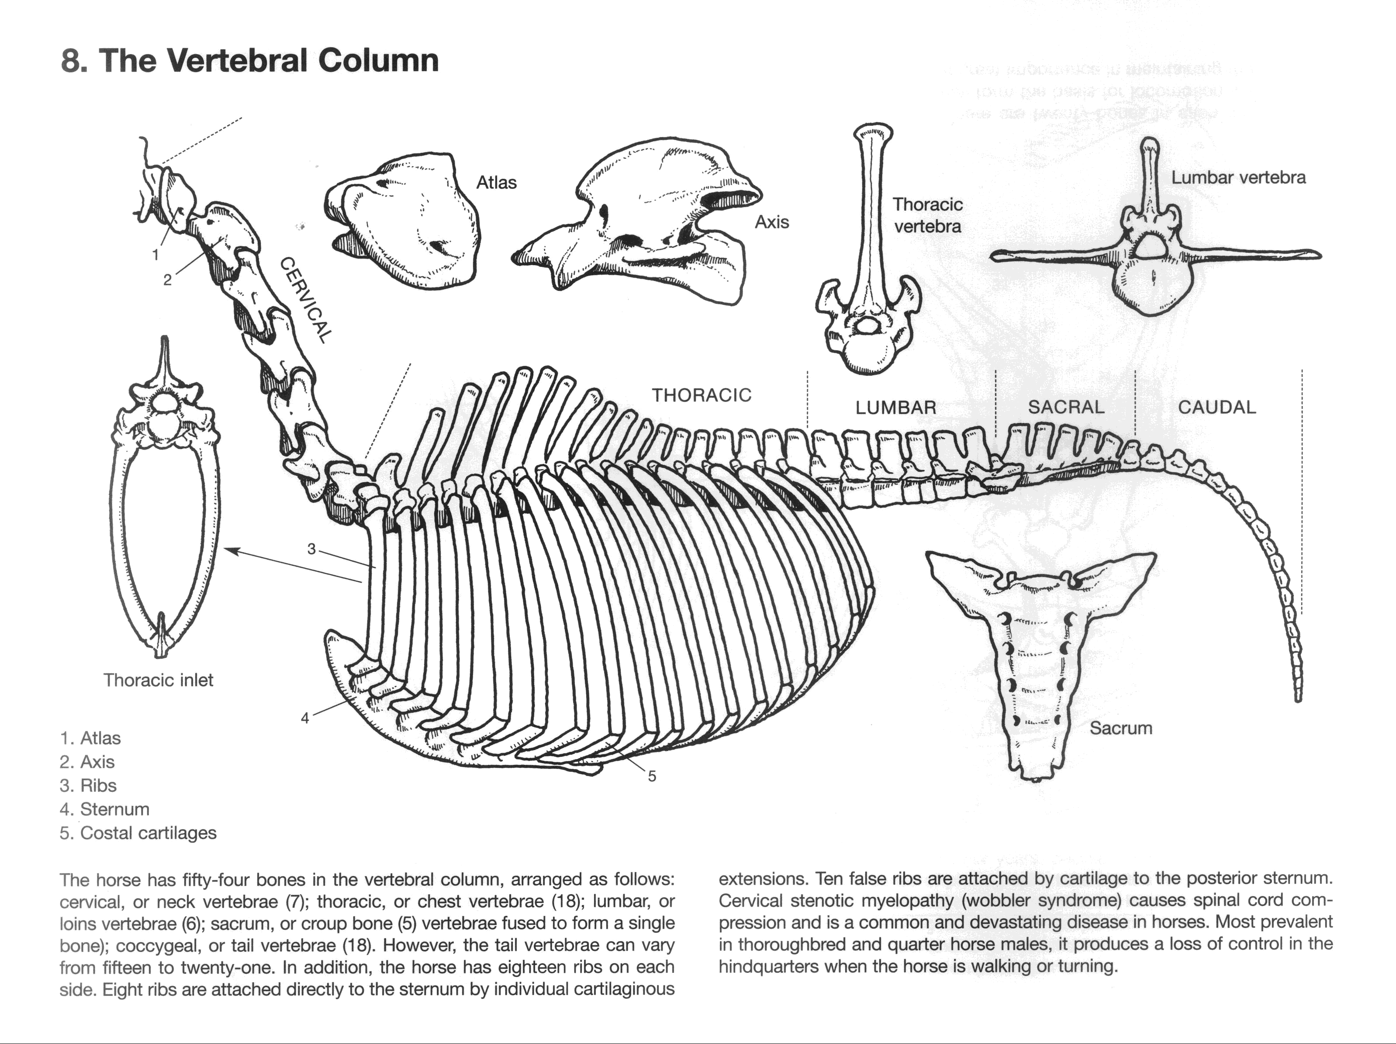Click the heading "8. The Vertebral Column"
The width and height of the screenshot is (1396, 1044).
pos(249,61)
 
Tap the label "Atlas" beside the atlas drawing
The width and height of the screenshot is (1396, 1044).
pos(496,183)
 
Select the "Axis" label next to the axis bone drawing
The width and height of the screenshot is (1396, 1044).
pos(772,222)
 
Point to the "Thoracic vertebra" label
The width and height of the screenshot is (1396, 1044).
pos(927,215)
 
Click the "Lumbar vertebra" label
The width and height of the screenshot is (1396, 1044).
pos(1238,177)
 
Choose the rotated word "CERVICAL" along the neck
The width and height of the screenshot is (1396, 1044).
pos(305,300)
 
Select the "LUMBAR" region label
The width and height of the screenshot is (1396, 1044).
pos(895,408)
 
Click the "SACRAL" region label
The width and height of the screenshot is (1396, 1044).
pos(1066,407)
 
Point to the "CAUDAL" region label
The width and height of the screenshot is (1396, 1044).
pos(1217,407)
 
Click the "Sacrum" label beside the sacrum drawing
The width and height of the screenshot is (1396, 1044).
pos(1121,728)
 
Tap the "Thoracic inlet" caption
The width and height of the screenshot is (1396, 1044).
pos(159,680)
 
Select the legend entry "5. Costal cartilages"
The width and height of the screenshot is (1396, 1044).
pos(138,833)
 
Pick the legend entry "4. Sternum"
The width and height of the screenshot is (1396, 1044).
pos(105,809)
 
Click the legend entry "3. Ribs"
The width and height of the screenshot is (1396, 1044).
pos(88,785)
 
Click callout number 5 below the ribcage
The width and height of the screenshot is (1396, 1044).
pos(652,776)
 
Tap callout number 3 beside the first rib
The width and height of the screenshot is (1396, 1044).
pos(311,549)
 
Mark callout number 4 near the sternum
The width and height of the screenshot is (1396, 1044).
pos(305,718)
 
